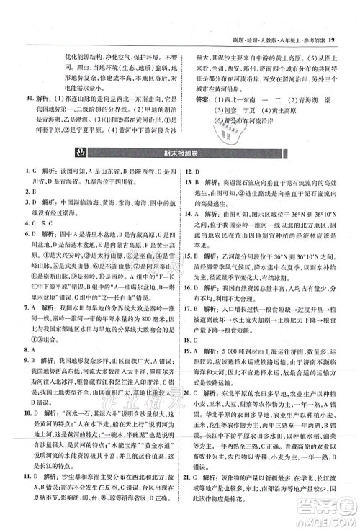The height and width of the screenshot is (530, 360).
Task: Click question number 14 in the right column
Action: pos(190,213)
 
